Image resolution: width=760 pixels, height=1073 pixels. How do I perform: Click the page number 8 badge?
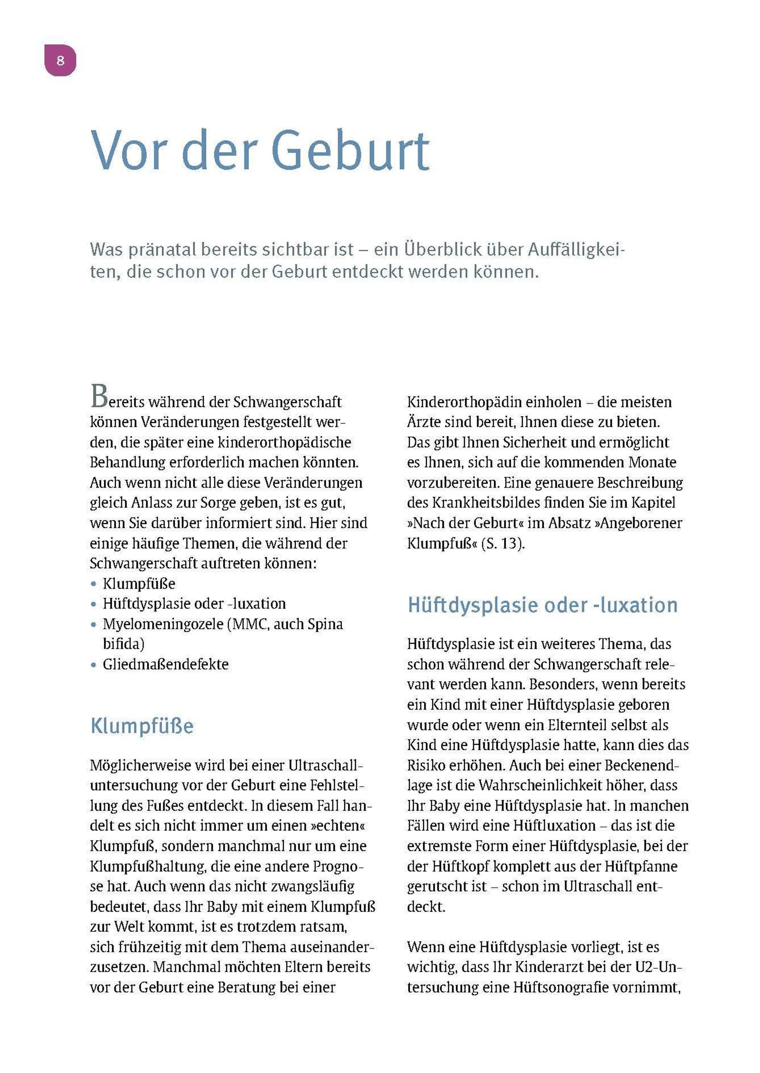(60, 60)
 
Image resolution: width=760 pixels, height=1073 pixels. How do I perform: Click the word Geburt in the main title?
(350, 151)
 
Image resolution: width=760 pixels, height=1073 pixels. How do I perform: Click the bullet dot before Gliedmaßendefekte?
(94, 664)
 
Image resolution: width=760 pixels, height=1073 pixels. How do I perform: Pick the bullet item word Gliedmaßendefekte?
(166, 664)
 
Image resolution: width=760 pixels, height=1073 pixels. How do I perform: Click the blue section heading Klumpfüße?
(142, 726)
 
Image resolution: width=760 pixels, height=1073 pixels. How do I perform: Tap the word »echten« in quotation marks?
(338, 825)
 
